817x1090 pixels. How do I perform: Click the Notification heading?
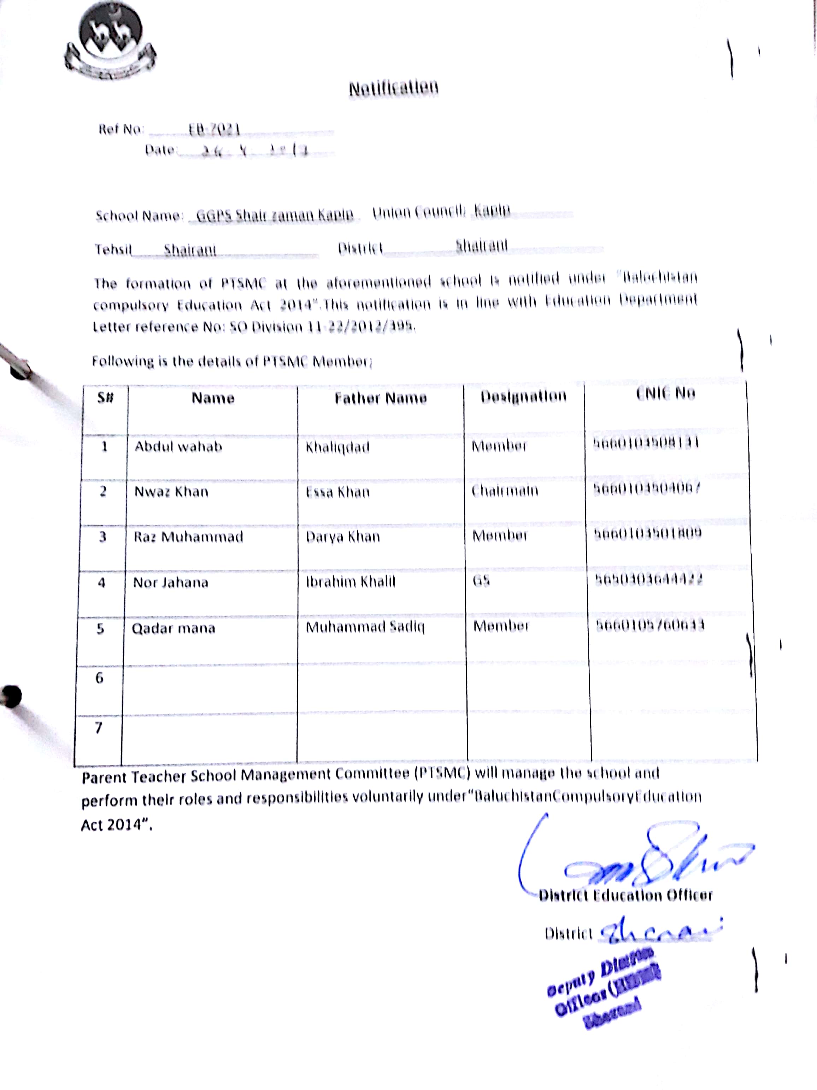[393, 88]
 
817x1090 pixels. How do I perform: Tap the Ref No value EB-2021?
[214, 130]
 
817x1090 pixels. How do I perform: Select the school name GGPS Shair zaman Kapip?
[275, 215]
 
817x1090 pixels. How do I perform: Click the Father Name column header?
[381, 398]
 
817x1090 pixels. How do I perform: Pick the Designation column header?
[523, 397]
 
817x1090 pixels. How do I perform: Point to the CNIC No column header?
[665, 393]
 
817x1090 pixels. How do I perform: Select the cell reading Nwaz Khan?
[171, 492]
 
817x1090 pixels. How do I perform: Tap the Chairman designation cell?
[505, 491]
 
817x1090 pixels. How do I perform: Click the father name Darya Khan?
[342, 537]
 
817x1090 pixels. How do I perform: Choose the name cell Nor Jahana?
[170, 582]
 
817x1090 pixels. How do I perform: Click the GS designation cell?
[481, 581]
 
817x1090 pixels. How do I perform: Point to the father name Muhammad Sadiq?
[365, 628]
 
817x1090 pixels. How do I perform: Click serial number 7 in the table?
[99, 727]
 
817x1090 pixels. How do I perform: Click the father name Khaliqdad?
[337, 447]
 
